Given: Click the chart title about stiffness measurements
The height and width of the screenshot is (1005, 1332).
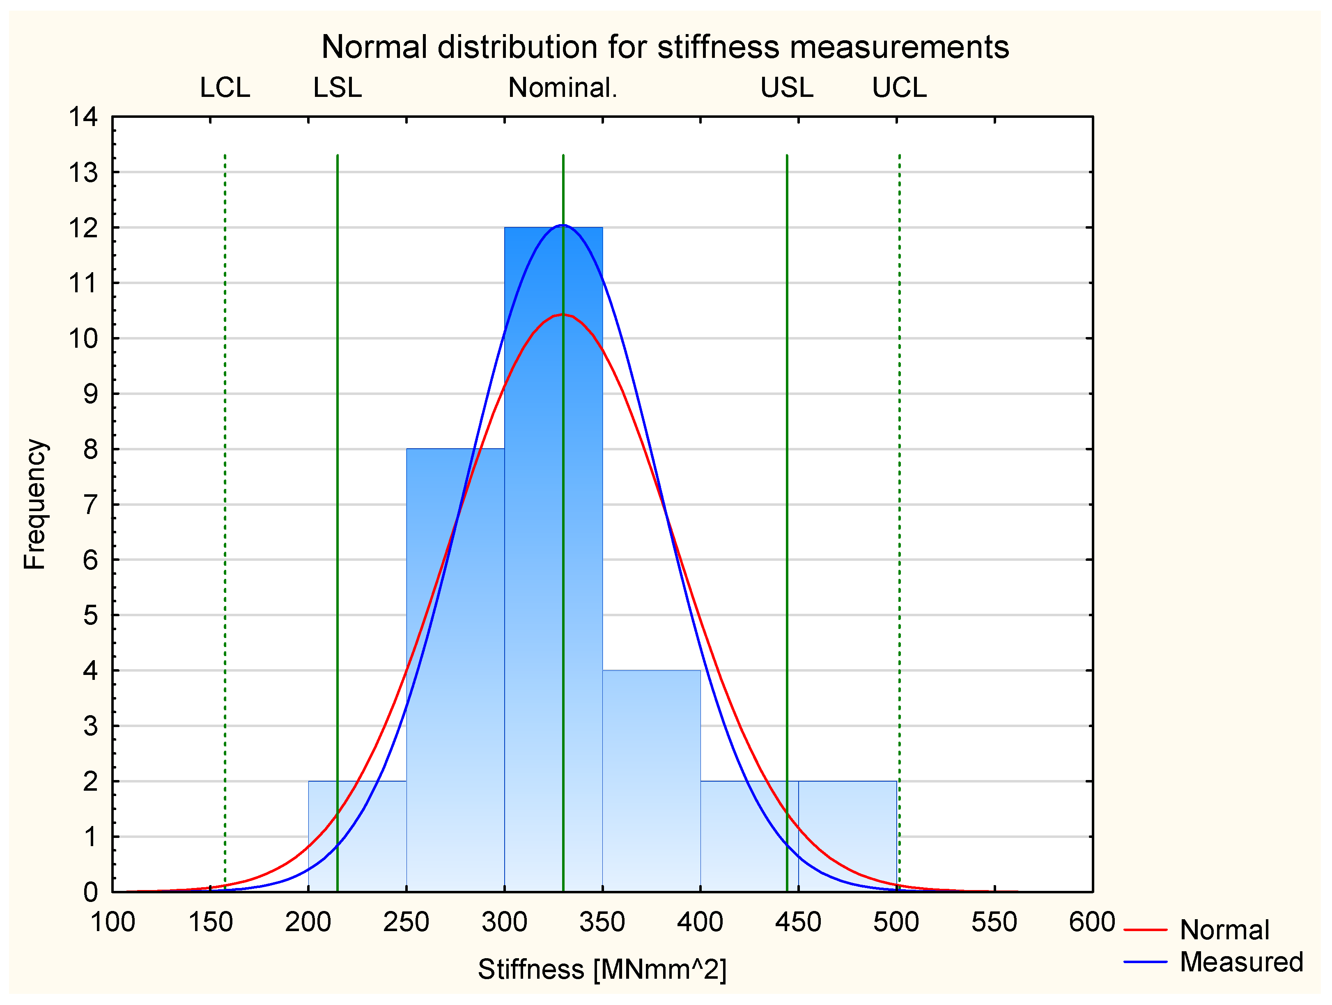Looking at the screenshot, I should pos(665,47).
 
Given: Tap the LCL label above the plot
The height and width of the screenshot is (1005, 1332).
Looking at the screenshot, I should pos(225,88).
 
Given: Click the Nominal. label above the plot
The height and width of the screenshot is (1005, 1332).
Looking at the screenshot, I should pos(563,88).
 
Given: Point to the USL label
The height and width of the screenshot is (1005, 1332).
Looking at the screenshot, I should pos(786,88).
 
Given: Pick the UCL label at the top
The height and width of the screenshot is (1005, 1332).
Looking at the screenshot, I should pos(899,88).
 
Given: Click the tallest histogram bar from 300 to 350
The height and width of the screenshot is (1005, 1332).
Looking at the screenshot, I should pos(553,542).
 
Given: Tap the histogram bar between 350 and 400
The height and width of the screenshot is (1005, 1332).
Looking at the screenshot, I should pos(651,783).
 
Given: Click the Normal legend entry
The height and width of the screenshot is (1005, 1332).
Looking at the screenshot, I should pos(1224,930).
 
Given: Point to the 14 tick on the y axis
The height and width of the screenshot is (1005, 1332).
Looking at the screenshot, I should pos(83,117).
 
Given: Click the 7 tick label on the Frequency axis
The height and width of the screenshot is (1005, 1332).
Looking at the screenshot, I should pos(90,505).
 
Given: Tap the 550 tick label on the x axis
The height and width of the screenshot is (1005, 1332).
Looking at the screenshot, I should pos(994,922).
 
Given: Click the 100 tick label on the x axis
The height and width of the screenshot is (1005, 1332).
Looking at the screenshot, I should pos(113,922).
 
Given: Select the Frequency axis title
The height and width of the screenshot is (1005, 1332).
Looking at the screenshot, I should pos(35,504).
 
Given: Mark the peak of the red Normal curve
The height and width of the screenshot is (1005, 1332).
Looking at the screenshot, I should pos(563,314).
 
